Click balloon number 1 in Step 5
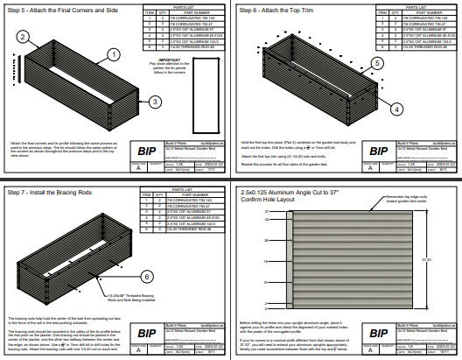pyautogui.click(x=114, y=53)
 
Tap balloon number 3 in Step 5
pyautogui.click(x=153, y=102)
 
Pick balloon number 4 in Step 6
pyautogui.click(x=396, y=109)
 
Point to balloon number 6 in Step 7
pyautogui.click(x=146, y=277)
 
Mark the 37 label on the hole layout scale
pyautogui.click(x=266, y=211)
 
